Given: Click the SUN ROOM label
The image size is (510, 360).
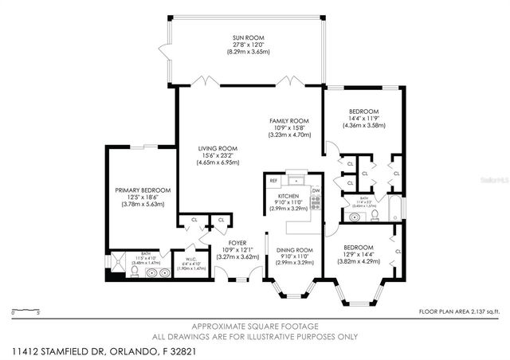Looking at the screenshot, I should pos(248,37).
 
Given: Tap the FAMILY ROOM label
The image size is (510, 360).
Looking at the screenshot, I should pos(284,120).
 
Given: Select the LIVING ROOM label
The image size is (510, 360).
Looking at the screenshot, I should pos(218,147).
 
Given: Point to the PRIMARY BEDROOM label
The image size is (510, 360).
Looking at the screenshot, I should pos(143,190).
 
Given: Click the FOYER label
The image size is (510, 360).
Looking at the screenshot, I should pos(237,242).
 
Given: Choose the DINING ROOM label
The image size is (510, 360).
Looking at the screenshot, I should pos(294,251).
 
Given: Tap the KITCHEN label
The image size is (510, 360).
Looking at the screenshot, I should pos(288,196).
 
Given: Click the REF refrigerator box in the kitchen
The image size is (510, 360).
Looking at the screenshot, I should pos(273,182).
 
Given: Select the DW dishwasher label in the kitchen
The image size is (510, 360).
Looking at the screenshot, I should pos(316,191).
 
